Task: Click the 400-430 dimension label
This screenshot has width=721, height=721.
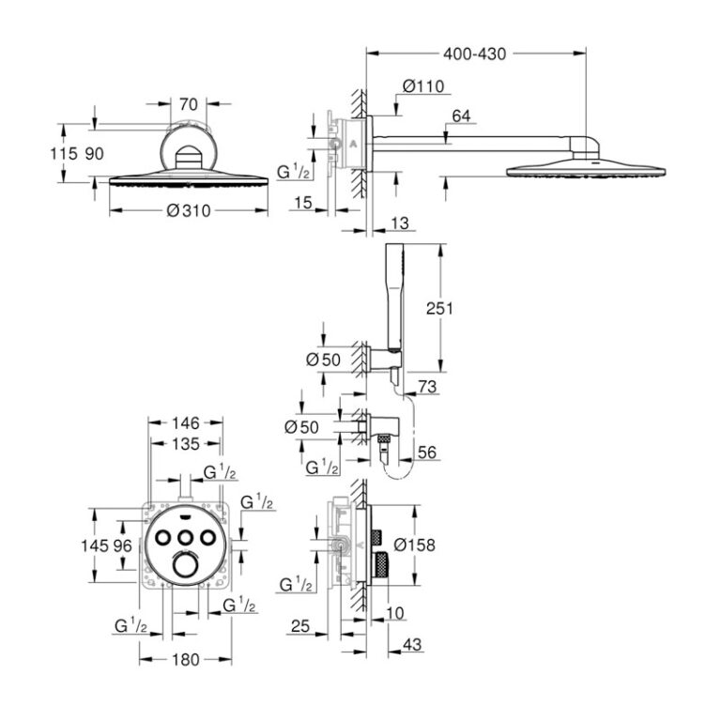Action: tap(475, 54)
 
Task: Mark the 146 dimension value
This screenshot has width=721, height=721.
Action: tap(186, 423)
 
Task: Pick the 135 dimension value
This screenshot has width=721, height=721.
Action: tap(186, 443)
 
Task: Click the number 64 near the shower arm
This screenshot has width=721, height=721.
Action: tap(461, 116)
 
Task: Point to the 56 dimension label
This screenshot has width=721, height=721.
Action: tap(428, 453)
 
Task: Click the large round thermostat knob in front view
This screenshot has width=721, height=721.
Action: tap(186, 565)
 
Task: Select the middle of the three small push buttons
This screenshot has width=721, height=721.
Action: tap(186, 537)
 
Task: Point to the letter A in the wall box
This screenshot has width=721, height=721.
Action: tap(353, 144)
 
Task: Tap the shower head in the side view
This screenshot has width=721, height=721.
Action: tap(586, 169)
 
